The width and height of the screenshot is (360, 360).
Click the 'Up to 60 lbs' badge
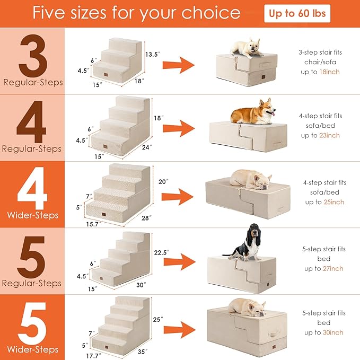tap(297, 14)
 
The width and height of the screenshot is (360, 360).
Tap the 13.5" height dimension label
tap(153, 54)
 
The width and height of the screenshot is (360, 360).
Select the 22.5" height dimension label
tap(161, 252)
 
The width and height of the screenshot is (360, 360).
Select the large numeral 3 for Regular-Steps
tap(32, 55)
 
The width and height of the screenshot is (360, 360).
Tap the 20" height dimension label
tap(163, 181)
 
